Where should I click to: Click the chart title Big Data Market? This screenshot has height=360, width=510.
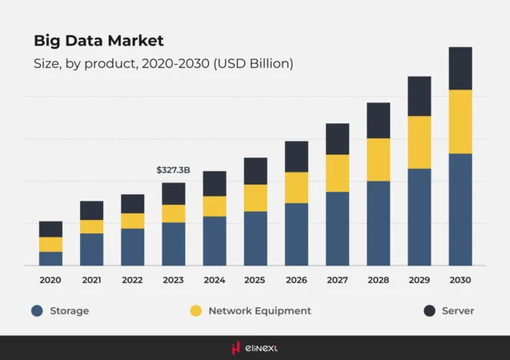tap(98, 40)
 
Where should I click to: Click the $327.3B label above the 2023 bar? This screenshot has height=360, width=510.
tap(173, 170)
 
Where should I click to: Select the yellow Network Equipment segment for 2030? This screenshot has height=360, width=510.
tap(460, 122)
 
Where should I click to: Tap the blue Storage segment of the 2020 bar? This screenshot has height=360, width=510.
tap(50, 258)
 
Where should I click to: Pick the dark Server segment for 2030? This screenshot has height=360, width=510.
tap(460, 68)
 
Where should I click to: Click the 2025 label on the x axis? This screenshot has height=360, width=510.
tap(255, 280)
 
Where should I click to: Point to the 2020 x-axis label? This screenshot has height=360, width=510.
tap(50, 280)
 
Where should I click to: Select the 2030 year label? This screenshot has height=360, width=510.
tap(460, 280)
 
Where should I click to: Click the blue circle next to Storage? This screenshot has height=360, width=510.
tap(37, 310)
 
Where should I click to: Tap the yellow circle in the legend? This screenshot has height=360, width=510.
tap(195, 310)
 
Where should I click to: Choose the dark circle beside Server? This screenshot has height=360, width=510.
tap(429, 310)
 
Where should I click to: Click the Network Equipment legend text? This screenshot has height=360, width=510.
tap(259, 310)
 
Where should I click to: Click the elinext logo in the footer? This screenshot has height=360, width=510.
tap(255, 348)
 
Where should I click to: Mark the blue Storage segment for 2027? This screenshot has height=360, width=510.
tap(337, 229)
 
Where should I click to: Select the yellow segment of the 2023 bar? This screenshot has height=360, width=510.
tap(173, 214)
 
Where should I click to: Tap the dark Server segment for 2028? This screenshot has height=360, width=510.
tap(378, 120)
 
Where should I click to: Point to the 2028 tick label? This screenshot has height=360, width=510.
tap(378, 280)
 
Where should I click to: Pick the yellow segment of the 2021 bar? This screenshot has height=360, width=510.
tap(91, 226)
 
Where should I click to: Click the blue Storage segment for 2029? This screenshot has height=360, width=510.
tap(419, 217)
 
